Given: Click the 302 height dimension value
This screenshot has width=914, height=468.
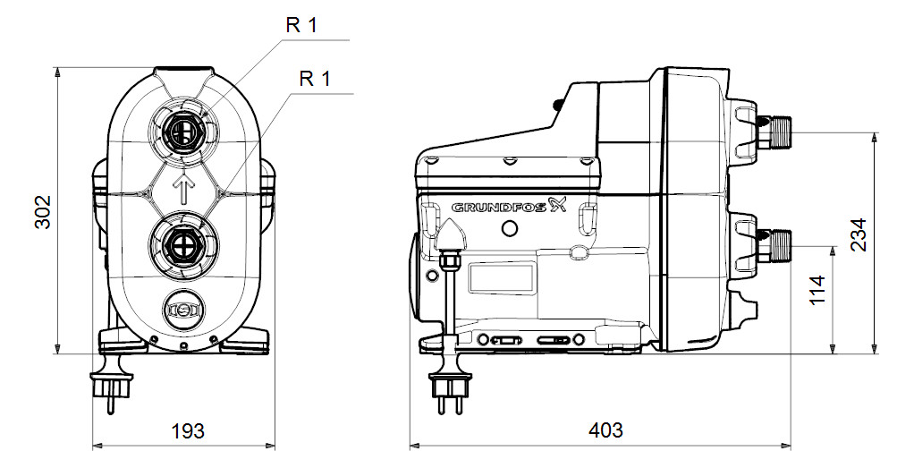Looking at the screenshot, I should pyautogui.click(x=43, y=210).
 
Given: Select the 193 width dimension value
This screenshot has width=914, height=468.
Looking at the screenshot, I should pyautogui.click(x=186, y=430).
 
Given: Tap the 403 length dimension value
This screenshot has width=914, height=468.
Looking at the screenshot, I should pyautogui.click(x=605, y=430).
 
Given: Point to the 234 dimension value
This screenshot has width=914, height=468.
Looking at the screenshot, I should pyautogui.click(x=859, y=235).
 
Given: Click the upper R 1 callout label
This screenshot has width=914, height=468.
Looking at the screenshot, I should pyautogui.click(x=301, y=25).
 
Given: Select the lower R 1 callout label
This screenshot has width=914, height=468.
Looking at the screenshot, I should pyautogui.click(x=315, y=79).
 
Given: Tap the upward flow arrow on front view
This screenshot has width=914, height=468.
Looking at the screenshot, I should pyautogui.click(x=184, y=189).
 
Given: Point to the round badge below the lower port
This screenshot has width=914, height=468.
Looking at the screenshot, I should pyautogui.click(x=183, y=309).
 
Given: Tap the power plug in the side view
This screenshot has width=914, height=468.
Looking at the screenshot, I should pyautogui.click(x=445, y=387).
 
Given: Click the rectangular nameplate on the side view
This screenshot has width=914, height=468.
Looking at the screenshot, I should pyautogui.click(x=501, y=277).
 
